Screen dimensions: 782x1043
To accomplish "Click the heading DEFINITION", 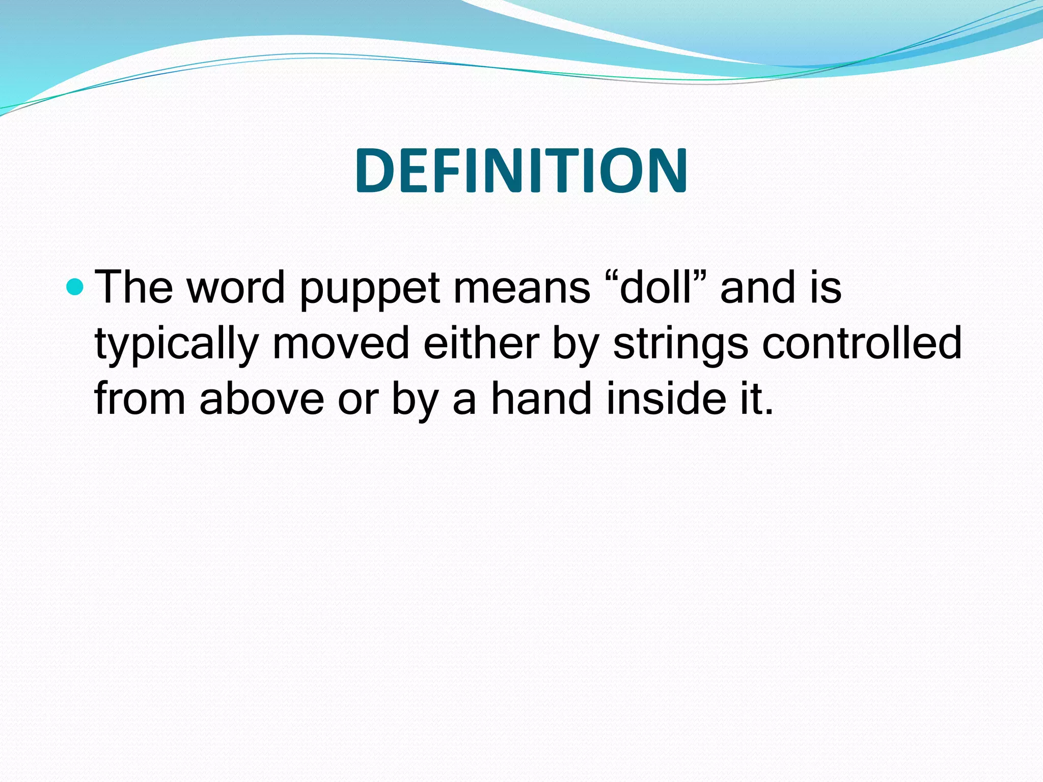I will click(521, 170).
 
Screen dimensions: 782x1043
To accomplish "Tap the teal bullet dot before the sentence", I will click(75, 287).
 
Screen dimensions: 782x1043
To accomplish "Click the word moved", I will click(341, 343).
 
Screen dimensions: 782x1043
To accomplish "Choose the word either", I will click(481, 343).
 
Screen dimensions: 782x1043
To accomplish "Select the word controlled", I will click(862, 343).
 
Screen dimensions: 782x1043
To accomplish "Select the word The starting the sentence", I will click(134, 287).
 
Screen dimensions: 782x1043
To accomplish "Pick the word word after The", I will click(235, 287).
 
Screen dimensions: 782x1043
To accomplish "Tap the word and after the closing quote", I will click(757, 287).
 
